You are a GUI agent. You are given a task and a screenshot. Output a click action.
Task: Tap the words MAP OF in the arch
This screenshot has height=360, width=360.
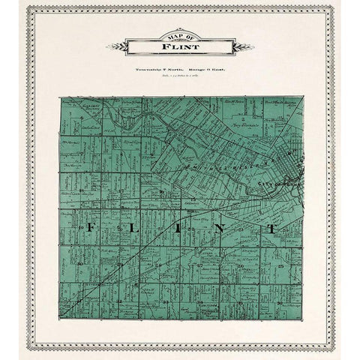click(x=179, y=38)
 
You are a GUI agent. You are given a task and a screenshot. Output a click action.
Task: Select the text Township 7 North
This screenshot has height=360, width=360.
click(x=154, y=70)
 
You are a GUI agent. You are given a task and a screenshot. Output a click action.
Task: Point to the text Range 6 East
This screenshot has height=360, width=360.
click(x=205, y=70)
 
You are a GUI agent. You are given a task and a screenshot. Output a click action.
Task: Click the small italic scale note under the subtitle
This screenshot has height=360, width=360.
click(x=179, y=76)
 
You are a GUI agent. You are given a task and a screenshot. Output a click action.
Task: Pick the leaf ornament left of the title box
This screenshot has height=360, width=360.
click(x=117, y=49)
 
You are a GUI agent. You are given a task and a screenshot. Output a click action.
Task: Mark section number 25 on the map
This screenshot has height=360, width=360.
click(x=279, y=266)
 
